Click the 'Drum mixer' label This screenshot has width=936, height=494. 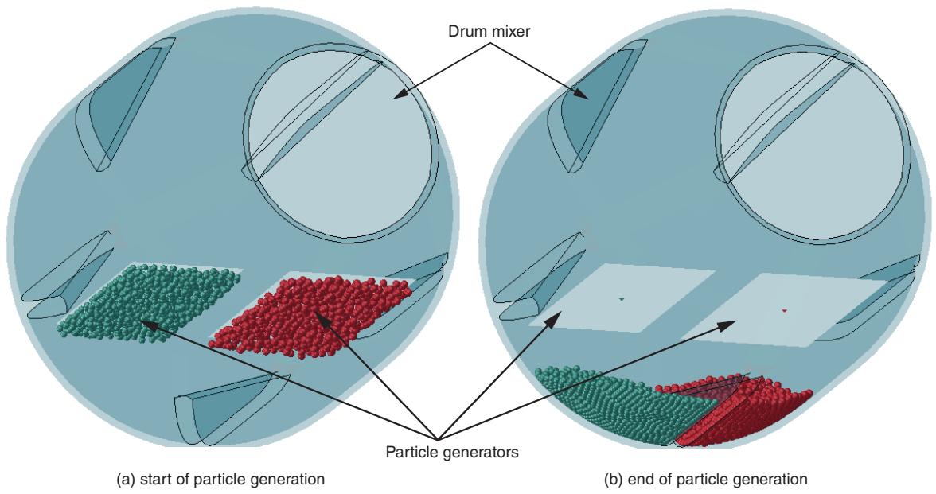pos(489,32)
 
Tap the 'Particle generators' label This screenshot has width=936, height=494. pos(452,452)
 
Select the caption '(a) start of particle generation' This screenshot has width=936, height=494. pos(220,479)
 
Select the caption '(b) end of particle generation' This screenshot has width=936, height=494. pos(705,479)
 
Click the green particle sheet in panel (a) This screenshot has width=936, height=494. pos(150,302)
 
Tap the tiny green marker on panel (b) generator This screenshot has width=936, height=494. pos(622,299)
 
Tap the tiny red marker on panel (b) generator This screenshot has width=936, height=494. pos(785,311)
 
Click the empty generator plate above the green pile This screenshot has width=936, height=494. pos(621,298)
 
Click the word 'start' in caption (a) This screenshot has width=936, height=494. pos(154,479)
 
